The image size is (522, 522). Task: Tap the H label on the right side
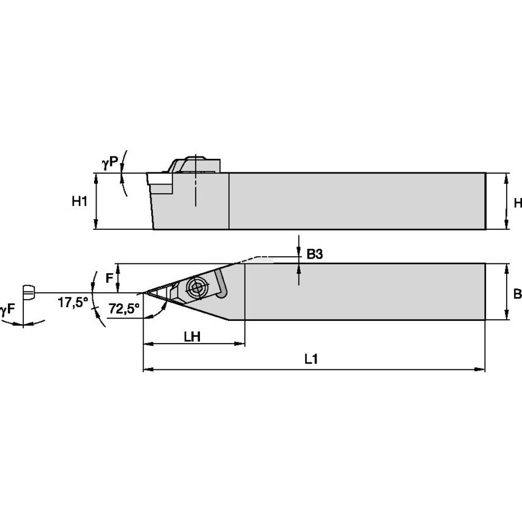pos(517,203)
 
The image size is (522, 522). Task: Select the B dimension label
pos(517,294)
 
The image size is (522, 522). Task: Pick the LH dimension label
pos(194,337)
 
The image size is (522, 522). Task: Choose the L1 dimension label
pos(311,360)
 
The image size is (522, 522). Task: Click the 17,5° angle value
pos(73,302)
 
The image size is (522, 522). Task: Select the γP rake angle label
pos(110,163)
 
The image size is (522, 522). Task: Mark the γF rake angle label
pos(7,310)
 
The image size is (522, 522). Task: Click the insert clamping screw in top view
pos(197,287)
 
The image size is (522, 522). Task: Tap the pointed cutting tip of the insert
pos(145,292)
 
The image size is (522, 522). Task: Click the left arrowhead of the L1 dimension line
pos(147,370)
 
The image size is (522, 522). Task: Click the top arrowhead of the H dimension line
pos(507,177)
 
